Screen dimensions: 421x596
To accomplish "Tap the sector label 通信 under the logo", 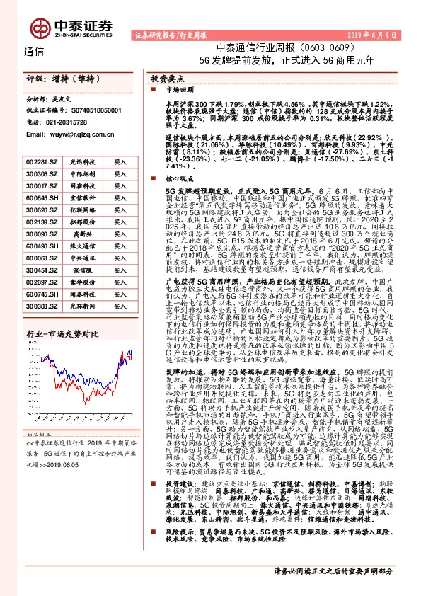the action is (34, 52).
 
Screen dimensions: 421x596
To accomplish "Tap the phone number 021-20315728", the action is (70, 122).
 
